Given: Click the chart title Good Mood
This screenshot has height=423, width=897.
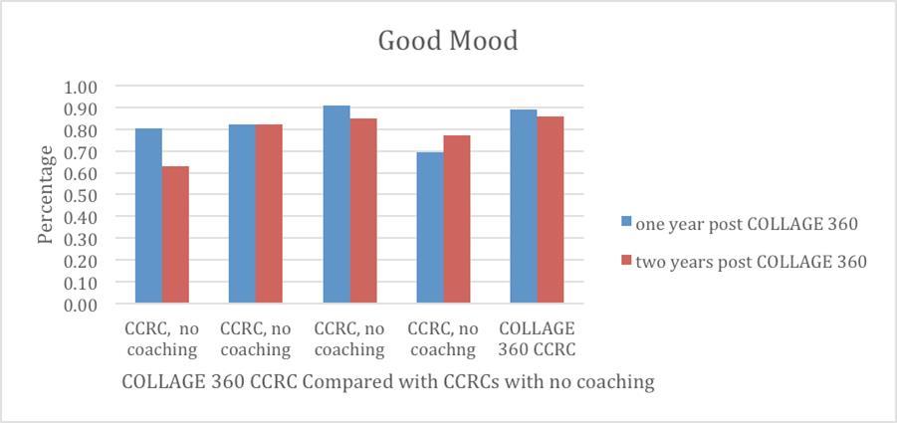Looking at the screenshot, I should coord(448,42).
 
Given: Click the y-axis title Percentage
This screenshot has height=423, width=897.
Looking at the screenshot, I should coord(46,195).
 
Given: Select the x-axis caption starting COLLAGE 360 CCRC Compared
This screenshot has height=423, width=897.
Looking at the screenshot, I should coord(388,381).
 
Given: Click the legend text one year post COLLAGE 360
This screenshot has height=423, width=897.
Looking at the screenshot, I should coord(746,224).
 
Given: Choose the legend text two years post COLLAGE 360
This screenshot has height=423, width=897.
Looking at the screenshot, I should coord(751,261).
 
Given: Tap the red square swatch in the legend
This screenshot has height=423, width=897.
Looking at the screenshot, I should coord(626,261).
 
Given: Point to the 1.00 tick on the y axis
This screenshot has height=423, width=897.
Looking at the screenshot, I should coord(81,87).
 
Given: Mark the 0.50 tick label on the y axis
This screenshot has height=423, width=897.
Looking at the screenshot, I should coord(81,195).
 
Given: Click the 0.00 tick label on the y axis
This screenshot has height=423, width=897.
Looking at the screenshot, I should coord(81,305).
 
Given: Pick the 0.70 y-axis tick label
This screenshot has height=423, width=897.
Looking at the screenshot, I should coord(81,152).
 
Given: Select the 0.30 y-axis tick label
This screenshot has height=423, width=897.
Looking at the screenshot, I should coord(81,239).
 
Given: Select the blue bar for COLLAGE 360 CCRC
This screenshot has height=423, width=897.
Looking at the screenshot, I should coord(524,207).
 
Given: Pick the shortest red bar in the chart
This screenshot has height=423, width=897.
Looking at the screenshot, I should coord(175,235).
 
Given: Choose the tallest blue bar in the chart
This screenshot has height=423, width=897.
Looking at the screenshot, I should coord(336,204).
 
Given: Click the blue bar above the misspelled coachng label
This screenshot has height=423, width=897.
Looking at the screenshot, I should coord(430,228).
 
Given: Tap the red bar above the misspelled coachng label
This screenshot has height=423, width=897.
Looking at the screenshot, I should coord(456,220).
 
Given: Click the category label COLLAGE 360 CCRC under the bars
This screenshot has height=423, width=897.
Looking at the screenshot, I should coord(538,338).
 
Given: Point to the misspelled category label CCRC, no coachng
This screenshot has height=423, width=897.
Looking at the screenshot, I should coord(443,338).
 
